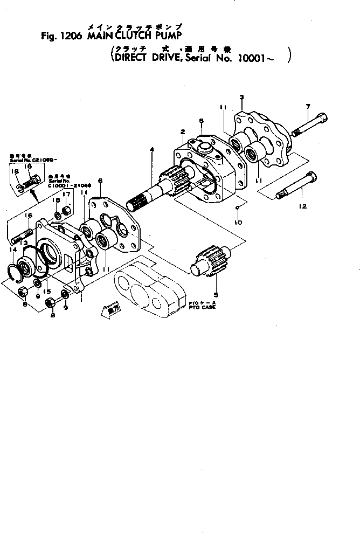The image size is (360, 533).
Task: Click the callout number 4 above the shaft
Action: [x=152, y=150]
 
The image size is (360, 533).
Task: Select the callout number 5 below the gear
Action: [x=217, y=294]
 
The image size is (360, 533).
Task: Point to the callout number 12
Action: [x=302, y=206]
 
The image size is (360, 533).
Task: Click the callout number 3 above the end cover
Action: [x=242, y=98]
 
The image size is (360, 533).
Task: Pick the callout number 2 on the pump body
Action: [x=183, y=131]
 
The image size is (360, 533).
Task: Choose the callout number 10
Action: [x=238, y=222]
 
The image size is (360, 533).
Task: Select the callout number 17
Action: [x=66, y=195]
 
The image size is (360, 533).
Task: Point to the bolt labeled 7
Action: [x=309, y=125]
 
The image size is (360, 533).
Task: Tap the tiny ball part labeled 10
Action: [x=238, y=207]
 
